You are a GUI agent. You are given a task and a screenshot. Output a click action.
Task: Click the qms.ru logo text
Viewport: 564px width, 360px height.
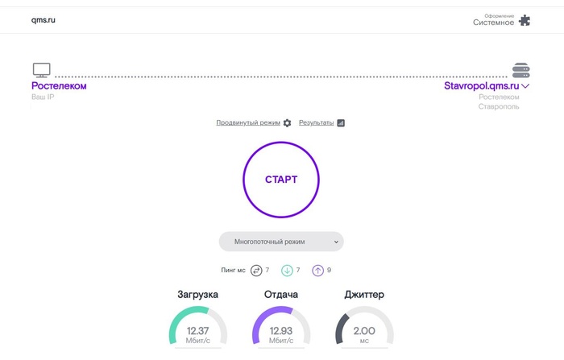pos(44,20)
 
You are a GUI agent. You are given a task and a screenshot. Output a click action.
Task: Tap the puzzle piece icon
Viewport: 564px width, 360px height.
pos(525,20)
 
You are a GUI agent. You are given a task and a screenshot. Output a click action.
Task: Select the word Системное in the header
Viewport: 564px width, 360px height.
pos(493,23)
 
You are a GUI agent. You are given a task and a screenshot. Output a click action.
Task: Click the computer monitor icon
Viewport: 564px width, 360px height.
pos(41,70)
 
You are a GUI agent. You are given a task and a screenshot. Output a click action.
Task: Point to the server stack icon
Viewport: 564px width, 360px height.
pos(520,70)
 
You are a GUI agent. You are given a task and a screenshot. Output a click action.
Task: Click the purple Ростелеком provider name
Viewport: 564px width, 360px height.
pos(59,86)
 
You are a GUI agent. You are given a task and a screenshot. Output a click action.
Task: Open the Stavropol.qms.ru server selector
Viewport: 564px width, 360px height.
pos(487,86)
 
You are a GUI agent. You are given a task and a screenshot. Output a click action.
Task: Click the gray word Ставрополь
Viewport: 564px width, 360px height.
pos(499,106)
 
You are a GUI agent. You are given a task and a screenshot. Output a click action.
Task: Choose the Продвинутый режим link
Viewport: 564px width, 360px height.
pos(248,122)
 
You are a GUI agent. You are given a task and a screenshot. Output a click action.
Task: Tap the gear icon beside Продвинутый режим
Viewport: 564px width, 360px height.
pos(287,123)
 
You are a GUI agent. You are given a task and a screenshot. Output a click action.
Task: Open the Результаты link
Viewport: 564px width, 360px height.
pos(316,122)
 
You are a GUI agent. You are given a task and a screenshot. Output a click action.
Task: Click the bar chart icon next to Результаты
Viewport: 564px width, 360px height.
pos(341,123)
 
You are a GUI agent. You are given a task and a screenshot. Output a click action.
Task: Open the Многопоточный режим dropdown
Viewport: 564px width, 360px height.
pos(281,242)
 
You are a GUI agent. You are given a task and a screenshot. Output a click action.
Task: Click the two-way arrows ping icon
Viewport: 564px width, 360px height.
pos(256,271)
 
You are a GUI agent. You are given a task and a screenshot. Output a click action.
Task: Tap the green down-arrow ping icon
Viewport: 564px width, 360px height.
pos(287,271)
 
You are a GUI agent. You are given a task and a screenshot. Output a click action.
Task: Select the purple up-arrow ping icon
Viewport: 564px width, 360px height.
pos(318,271)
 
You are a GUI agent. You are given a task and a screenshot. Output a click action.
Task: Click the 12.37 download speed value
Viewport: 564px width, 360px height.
pos(198,330)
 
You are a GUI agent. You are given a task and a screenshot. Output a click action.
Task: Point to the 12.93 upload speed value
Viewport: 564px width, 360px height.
pos(281,330)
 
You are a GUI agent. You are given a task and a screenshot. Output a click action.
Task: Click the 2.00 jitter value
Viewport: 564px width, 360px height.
pos(364,330)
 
